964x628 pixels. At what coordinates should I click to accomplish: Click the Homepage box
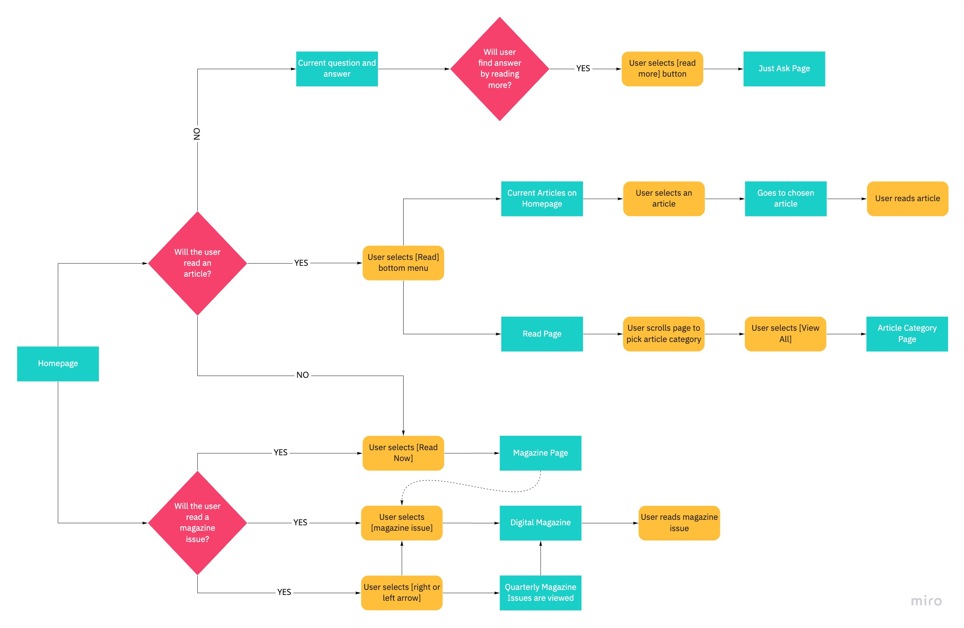pos(58,363)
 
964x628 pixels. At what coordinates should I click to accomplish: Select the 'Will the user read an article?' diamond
pos(197,263)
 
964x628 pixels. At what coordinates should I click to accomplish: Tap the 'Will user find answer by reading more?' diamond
pos(499,69)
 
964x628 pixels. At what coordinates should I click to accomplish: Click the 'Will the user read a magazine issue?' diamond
pos(197,522)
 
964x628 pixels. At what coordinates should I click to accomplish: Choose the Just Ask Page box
pos(784,69)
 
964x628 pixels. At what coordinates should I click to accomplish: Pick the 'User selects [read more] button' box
pos(662,69)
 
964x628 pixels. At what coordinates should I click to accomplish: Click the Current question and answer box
pos(337,69)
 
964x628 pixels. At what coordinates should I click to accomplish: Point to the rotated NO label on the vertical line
pos(197,134)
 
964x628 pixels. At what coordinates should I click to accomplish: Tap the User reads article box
pos(907,198)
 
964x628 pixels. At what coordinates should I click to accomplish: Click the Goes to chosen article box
pos(785,198)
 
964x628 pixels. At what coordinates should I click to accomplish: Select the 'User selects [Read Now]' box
pos(403,453)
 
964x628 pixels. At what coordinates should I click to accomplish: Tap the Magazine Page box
pos(540,453)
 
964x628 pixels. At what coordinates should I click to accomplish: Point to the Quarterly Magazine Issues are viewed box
pos(540,592)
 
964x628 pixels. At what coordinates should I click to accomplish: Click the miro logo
pos(926,600)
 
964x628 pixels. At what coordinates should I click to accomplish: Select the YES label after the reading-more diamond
pos(583,68)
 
